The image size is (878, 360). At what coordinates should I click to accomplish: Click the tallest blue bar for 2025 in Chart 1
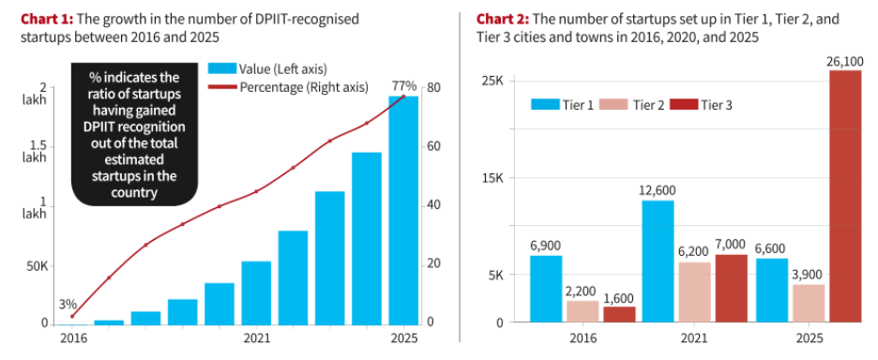coord(403,211)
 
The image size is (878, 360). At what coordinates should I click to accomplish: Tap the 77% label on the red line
coord(403,86)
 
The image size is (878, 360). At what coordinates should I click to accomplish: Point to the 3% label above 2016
coord(68,305)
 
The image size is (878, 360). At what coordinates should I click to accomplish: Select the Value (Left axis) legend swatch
coord(222,68)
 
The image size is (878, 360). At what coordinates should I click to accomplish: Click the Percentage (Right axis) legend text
coord(304,87)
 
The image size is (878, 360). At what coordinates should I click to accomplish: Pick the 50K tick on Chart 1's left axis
coord(37,265)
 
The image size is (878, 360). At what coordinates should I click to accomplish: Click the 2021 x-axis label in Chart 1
coord(256,338)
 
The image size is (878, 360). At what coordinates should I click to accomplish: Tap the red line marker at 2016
coord(71,316)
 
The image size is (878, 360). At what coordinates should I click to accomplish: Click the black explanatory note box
coord(134,134)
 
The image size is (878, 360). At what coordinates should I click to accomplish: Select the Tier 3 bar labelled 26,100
coord(845,197)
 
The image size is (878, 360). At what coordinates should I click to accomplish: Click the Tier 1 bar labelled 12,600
coord(658,262)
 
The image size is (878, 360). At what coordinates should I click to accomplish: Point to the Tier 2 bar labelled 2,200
coord(583,312)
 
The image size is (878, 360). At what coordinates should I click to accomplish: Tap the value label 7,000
coord(731,244)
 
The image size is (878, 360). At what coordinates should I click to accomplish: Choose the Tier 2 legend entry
coord(631,105)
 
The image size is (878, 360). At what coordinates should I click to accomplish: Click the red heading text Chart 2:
coord(502,20)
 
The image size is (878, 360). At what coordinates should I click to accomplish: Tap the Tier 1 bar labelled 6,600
coord(772,291)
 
